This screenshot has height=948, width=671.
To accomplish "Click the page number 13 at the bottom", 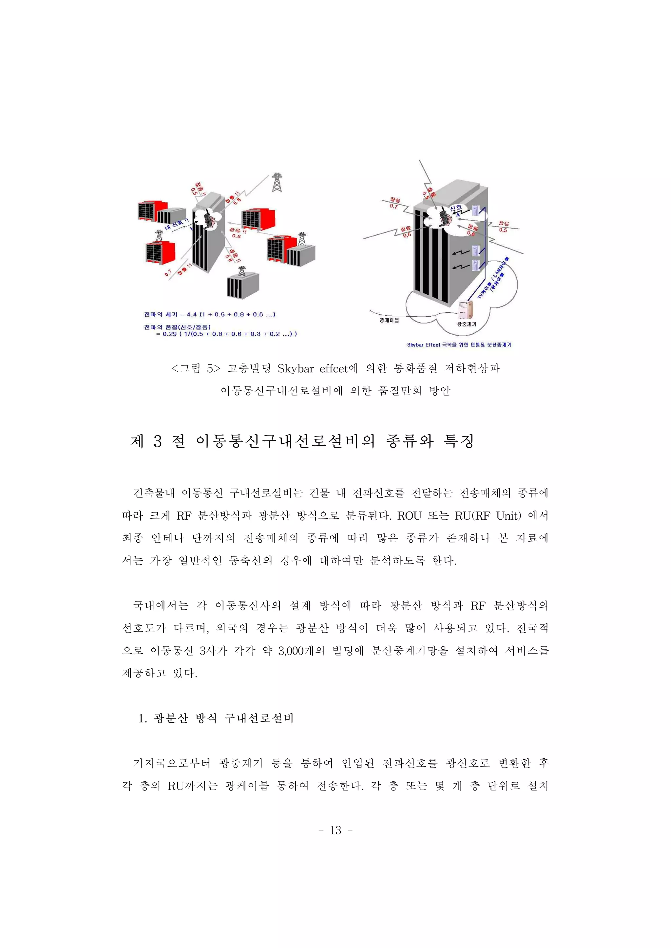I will coord(335,830).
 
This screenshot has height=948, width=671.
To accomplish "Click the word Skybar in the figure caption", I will coord(296,368).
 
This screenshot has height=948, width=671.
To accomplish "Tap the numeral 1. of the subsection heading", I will coord(143,719).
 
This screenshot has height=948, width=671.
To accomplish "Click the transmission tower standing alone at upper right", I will coord(277,182).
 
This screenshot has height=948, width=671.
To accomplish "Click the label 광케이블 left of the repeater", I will coord(389,320).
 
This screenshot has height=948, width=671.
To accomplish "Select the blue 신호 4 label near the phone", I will coord(456,210).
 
